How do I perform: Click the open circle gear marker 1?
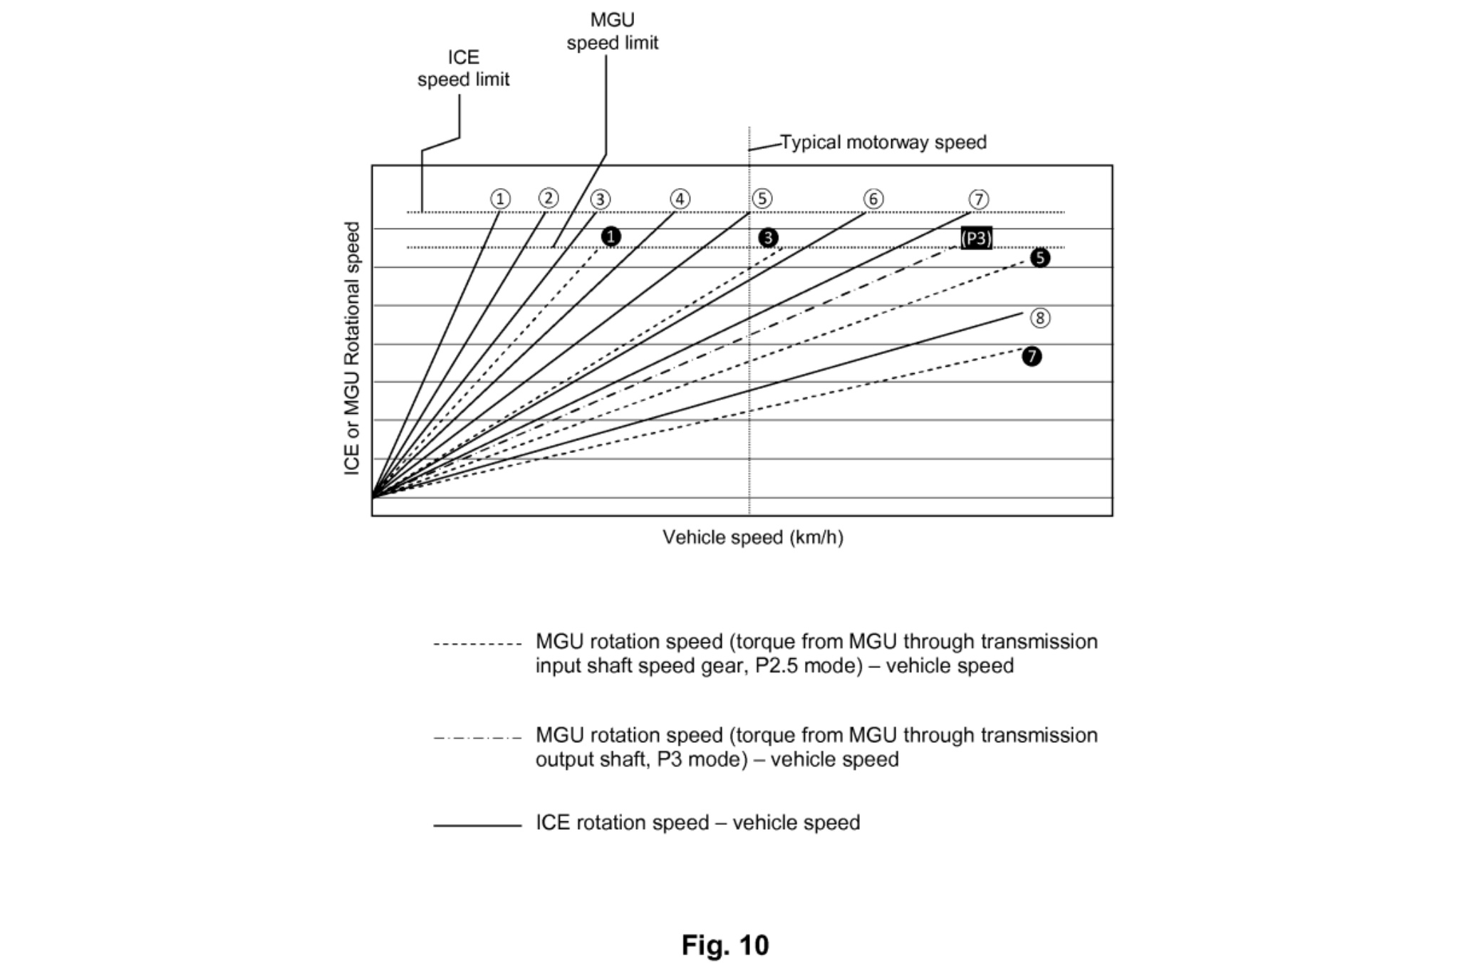(500, 199)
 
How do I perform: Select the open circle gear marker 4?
(680, 199)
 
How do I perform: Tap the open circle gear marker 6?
(873, 199)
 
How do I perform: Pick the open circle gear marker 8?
(1040, 318)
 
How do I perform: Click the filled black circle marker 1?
(611, 236)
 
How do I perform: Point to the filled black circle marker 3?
(768, 238)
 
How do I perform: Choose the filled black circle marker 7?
(1032, 356)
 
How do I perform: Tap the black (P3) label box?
(976, 238)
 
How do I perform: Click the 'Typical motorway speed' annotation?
(883, 142)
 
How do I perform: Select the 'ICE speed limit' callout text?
(463, 68)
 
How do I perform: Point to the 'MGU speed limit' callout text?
(613, 31)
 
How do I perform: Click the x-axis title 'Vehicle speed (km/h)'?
(753, 537)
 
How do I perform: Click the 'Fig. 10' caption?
(725, 945)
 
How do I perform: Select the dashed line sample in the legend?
(477, 645)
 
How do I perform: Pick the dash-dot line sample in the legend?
(477, 738)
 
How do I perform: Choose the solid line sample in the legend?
(477, 826)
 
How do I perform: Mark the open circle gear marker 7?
(979, 199)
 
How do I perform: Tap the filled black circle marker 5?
(1040, 258)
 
